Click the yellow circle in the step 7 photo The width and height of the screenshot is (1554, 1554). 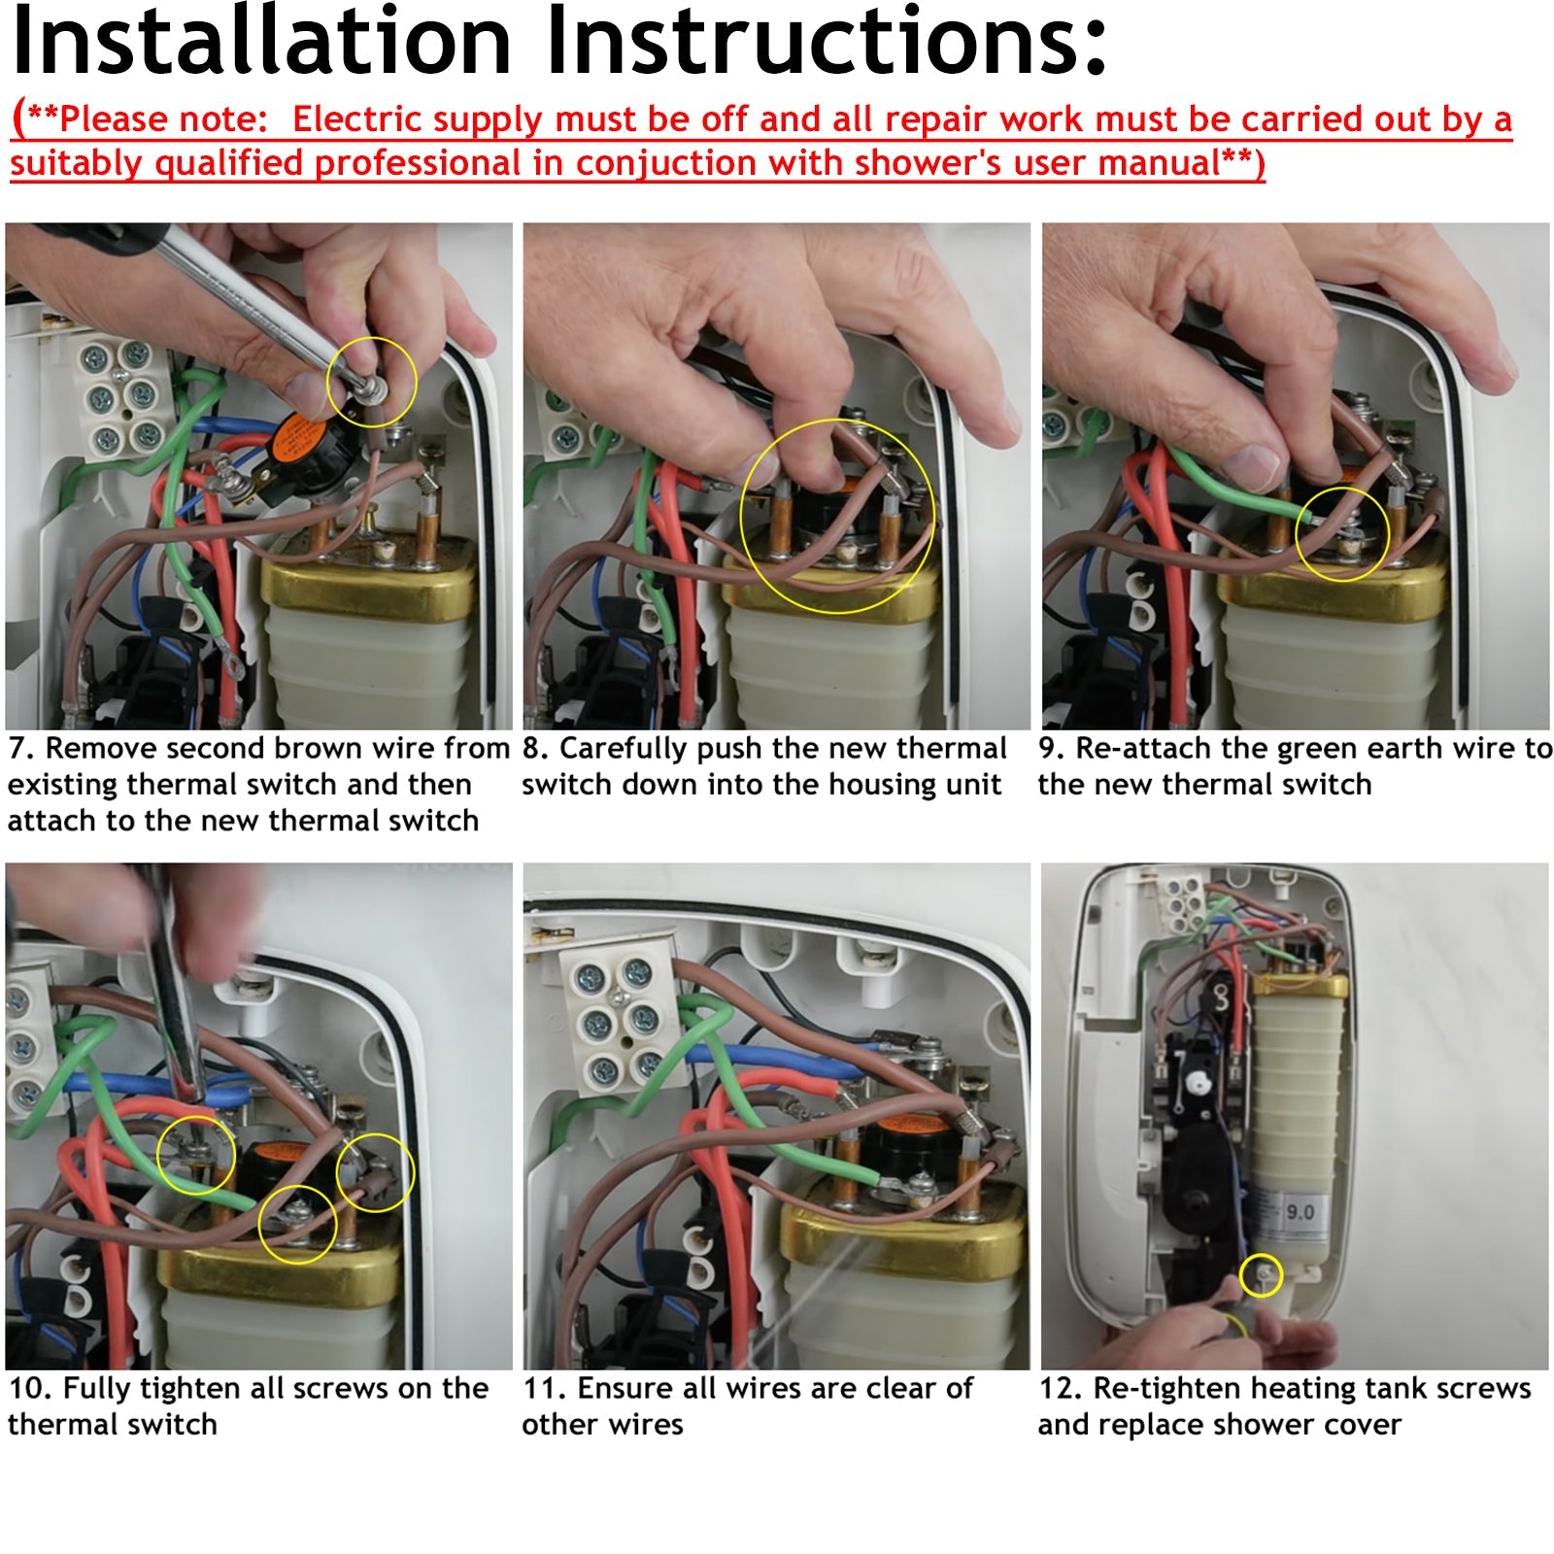[372, 382]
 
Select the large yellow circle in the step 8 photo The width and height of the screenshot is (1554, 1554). [837, 516]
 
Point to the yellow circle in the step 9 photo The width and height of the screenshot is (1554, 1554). [1342, 535]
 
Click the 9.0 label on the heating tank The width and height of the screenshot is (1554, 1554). [1300, 1211]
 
